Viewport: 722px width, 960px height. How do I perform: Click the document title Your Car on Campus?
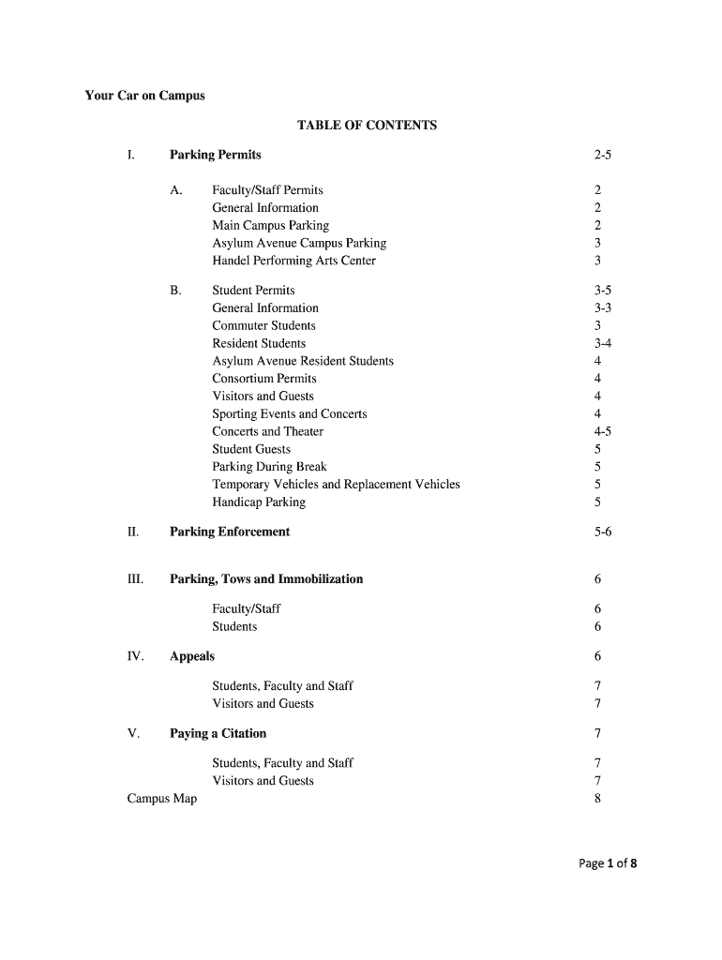(x=144, y=96)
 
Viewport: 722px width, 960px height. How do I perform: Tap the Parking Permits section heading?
(x=215, y=155)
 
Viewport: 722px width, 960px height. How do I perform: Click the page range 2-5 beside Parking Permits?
(x=602, y=155)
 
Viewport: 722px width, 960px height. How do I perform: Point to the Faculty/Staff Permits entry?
(x=267, y=190)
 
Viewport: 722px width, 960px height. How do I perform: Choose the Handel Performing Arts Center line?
(x=293, y=261)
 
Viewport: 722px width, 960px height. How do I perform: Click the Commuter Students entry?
(x=263, y=326)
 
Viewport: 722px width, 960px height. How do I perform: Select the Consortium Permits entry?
(x=264, y=379)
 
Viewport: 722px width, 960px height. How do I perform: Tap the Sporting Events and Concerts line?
(x=289, y=414)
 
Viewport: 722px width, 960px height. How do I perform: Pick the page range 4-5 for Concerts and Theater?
(x=603, y=432)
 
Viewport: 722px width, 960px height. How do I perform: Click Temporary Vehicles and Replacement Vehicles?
(x=336, y=485)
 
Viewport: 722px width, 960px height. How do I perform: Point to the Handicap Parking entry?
(x=258, y=502)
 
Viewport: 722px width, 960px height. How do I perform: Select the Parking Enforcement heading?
(x=230, y=532)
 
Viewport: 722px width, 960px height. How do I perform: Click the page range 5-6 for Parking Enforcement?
(x=602, y=532)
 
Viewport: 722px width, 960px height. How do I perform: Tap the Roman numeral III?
(x=135, y=579)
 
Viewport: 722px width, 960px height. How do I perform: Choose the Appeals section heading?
(x=192, y=656)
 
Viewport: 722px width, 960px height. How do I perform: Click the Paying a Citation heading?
(x=218, y=733)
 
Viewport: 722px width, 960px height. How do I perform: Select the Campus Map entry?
(x=161, y=799)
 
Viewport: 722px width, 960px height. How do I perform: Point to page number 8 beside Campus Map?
(x=597, y=799)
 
